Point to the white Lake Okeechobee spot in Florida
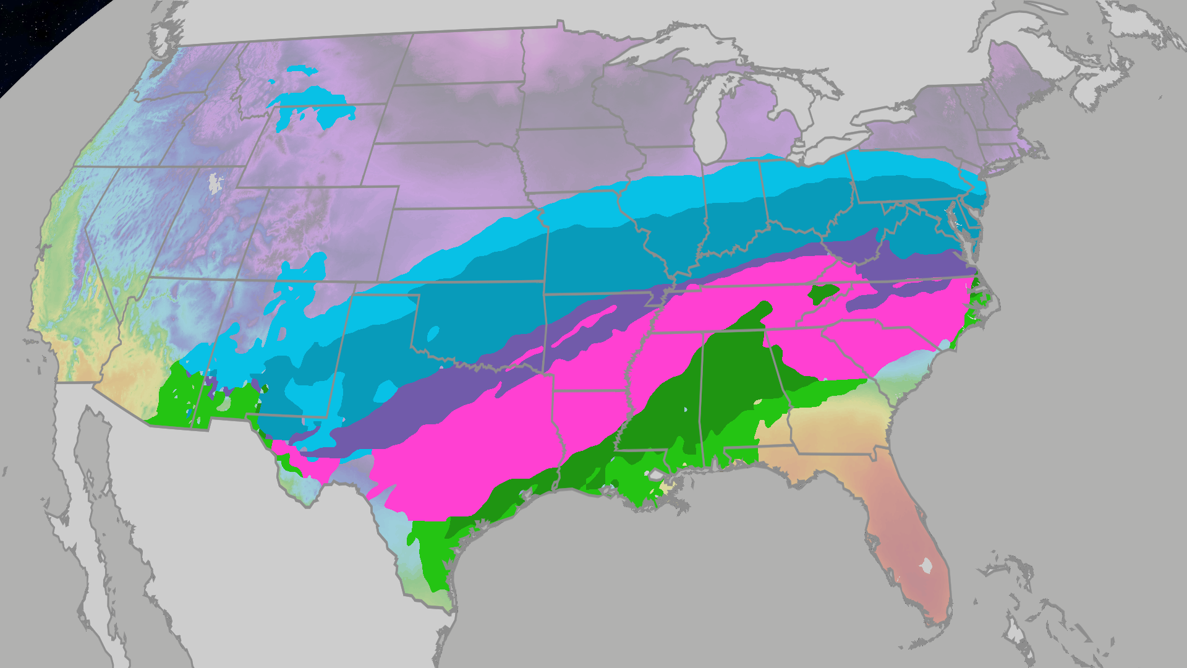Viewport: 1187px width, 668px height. pos(926,565)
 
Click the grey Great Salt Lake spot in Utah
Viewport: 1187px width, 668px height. pos(215,183)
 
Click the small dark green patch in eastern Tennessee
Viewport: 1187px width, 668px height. pos(823,293)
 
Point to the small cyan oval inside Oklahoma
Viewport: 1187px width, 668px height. pos(433,334)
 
